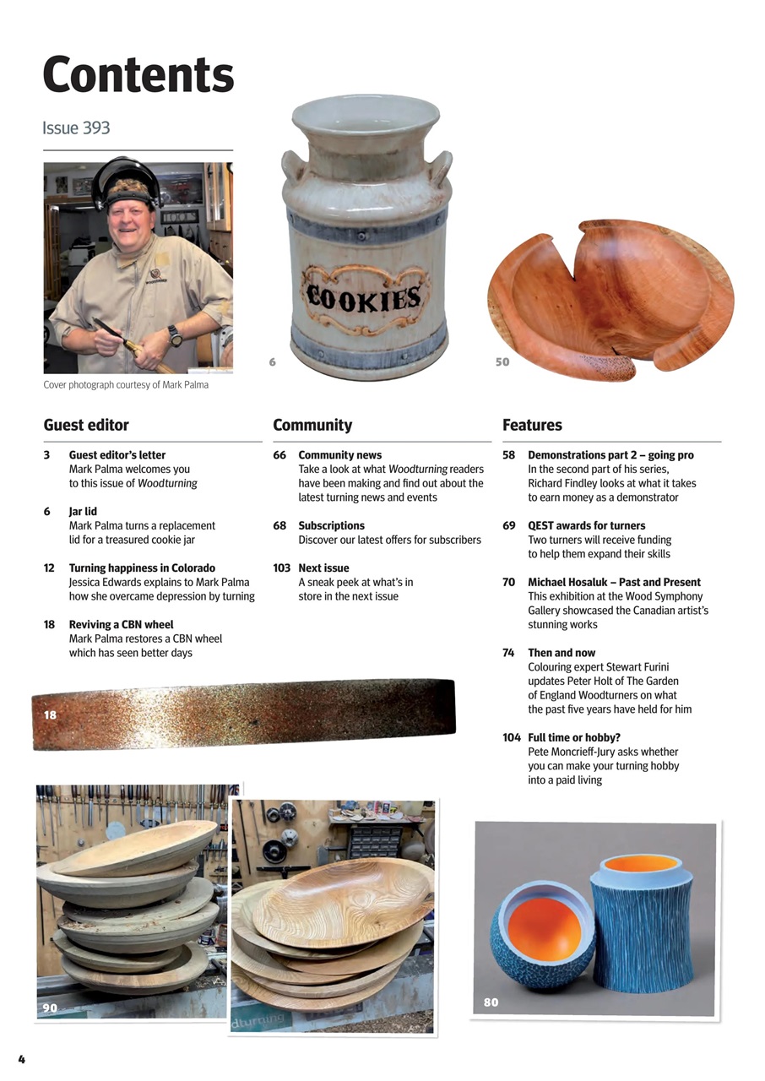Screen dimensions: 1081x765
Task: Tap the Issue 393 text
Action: (76, 128)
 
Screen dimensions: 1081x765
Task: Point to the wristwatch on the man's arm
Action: (175, 334)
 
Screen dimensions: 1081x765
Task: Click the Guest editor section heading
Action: (86, 425)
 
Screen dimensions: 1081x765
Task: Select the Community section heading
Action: (312, 425)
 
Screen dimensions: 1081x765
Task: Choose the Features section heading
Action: (532, 425)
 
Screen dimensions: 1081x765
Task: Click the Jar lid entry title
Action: (83, 511)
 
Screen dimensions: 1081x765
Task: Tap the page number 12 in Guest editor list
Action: (49, 568)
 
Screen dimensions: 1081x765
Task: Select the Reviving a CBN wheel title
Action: (121, 625)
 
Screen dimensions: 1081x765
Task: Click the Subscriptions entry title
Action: (331, 525)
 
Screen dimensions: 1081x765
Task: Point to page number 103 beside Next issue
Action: (282, 568)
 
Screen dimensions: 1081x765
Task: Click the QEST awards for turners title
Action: (586, 525)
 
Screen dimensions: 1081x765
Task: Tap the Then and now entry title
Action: (562, 653)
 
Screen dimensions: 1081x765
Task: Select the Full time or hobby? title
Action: (574, 737)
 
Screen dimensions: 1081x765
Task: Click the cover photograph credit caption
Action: (126, 385)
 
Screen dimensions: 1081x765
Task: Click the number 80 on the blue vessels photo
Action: (491, 1002)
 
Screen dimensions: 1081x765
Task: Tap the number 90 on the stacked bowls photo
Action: (50, 1008)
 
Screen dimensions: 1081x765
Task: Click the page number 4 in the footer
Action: (22, 1059)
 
